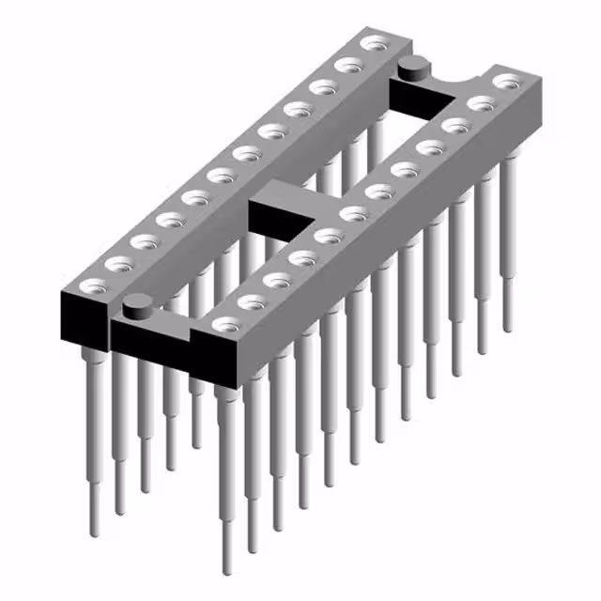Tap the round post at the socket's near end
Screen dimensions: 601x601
(138, 302)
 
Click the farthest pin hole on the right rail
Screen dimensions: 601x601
(506, 83)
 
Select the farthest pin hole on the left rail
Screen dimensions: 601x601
(377, 43)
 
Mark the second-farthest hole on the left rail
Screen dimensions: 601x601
(350, 65)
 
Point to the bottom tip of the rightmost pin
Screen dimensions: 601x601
(508, 330)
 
